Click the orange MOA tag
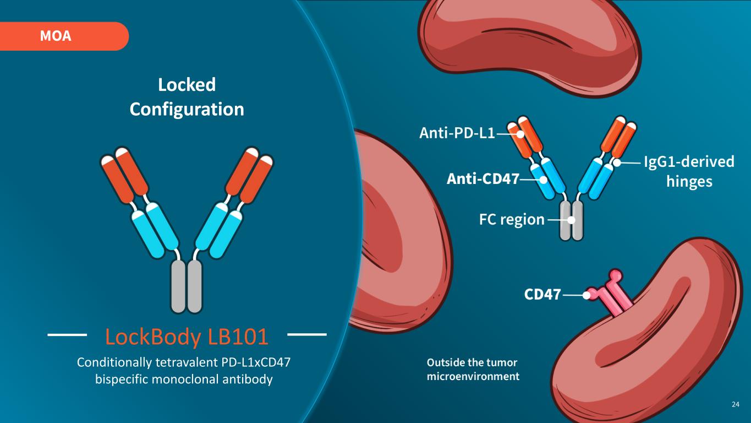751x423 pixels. pyautogui.click(x=64, y=36)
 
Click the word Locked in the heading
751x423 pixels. pyautogui.click(x=187, y=85)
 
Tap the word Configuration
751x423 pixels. pyautogui.click(x=187, y=110)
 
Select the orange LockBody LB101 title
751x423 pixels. pyautogui.click(x=187, y=337)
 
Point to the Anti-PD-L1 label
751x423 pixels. pyautogui.click(x=457, y=133)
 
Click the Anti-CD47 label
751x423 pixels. pyautogui.click(x=483, y=178)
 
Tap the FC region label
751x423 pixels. pyautogui.click(x=512, y=220)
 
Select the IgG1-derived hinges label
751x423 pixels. pyautogui.click(x=689, y=171)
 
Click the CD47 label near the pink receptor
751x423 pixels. pyautogui.click(x=542, y=295)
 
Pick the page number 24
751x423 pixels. pyautogui.click(x=735, y=404)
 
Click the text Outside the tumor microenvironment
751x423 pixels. pyautogui.click(x=473, y=369)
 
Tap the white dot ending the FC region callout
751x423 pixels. pyautogui.click(x=571, y=220)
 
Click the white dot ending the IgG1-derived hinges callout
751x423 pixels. pyautogui.click(x=617, y=163)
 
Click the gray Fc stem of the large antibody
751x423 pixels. pyautogui.click(x=187, y=286)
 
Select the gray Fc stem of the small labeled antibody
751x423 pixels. pyautogui.click(x=571, y=220)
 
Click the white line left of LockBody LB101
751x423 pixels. pyautogui.click(x=67, y=335)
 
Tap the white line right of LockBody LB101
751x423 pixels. pyautogui.click(x=307, y=335)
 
